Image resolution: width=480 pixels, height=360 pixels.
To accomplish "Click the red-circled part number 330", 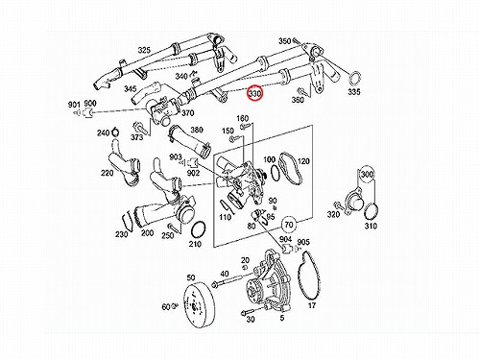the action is (x=255, y=93).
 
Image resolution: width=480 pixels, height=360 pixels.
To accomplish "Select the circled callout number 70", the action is (x=289, y=225).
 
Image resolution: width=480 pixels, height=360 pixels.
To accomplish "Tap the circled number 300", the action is (x=367, y=175).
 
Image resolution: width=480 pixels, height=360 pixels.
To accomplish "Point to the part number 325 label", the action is (x=144, y=50).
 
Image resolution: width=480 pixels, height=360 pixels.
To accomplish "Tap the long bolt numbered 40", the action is (x=229, y=280).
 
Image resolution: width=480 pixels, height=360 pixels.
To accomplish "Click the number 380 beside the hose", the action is (x=197, y=130).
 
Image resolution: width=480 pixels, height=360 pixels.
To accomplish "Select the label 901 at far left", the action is (x=74, y=105).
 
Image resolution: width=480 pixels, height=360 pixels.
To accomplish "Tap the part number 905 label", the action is (x=303, y=242).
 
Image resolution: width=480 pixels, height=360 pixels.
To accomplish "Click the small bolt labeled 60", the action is (x=175, y=306).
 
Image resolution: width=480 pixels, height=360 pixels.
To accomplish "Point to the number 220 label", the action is (x=108, y=173).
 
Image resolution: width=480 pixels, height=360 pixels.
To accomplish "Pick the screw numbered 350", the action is (x=295, y=40).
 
